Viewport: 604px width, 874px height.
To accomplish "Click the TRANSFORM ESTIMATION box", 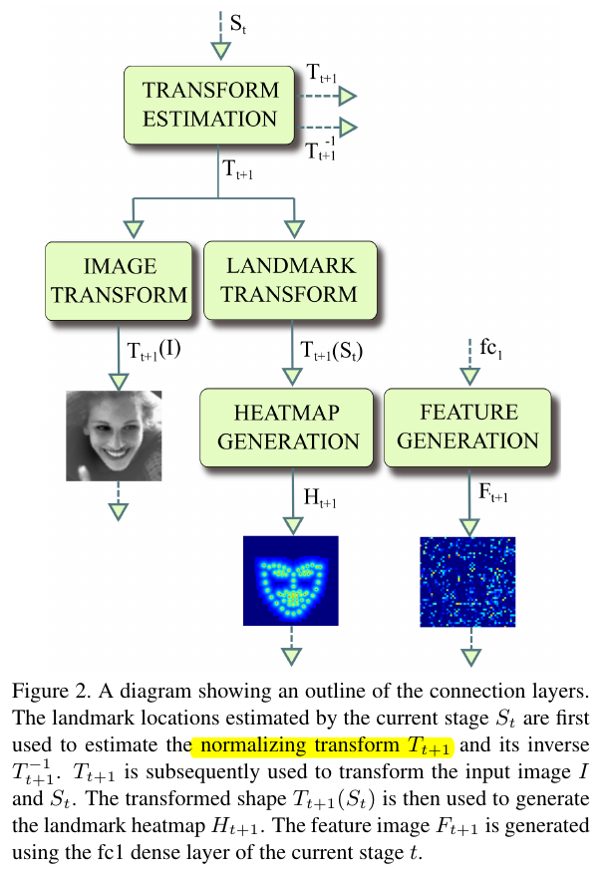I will tap(210, 105).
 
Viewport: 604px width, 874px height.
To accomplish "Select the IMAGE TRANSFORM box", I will tap(119, 280).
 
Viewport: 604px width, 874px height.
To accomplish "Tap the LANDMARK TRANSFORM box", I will tap(291, 280).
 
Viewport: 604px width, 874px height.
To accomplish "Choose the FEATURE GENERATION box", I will tap(467, 427).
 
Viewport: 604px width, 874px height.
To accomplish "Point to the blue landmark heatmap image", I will tap(291, 581).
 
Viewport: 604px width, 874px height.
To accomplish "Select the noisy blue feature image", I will tap(467, 581).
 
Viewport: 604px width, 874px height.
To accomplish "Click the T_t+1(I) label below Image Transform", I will tap(153, 351).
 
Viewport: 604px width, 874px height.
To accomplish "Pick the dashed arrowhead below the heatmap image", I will tap(291, 655).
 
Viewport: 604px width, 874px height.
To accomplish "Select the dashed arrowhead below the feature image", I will tap(467, 655).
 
